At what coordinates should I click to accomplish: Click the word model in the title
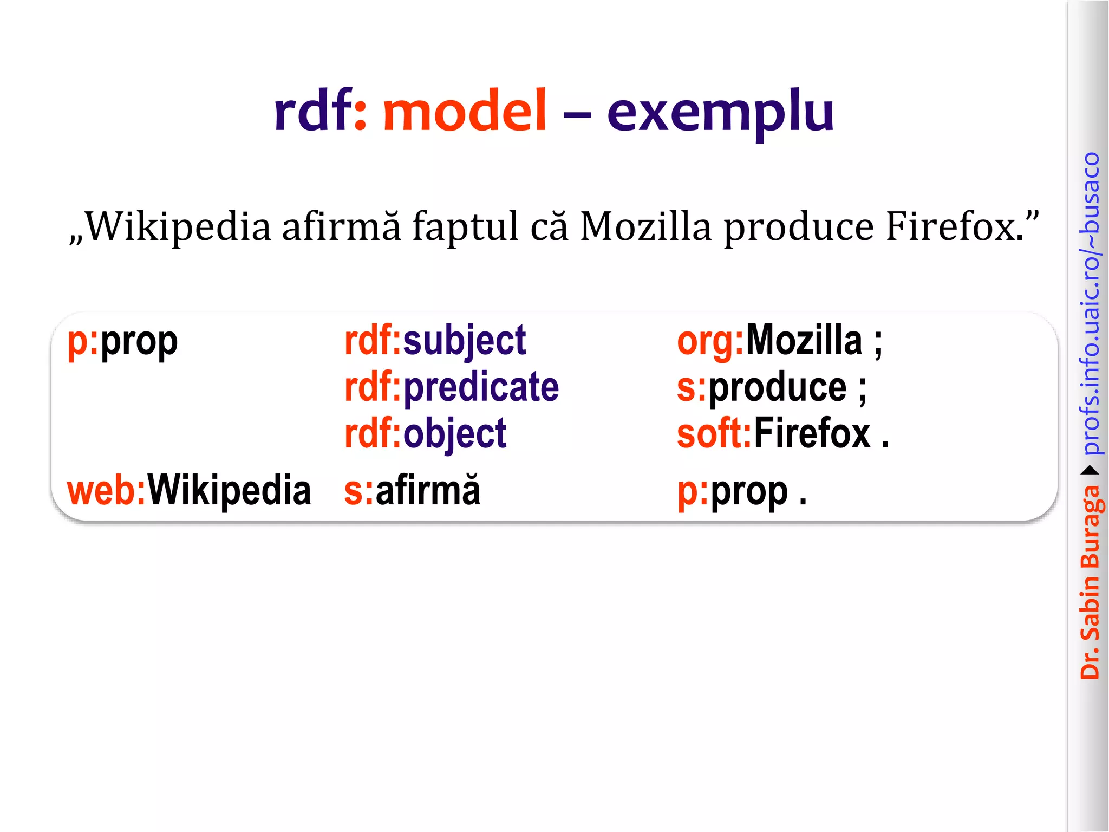[x=465, y=112]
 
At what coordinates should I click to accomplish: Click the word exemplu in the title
[x=720, y=114]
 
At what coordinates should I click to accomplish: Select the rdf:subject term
[x=435, y=341]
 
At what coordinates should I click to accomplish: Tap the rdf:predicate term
[x=452, y=387]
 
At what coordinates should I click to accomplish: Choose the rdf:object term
[x=425, y=434]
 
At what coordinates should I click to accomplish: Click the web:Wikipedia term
[x=188, y=491]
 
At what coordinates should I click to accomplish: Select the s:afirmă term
[x=412, y=491]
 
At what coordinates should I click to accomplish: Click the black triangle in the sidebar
[x=1090, y=470]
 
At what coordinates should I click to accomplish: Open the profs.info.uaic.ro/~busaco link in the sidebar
[x=1090, y=303]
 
